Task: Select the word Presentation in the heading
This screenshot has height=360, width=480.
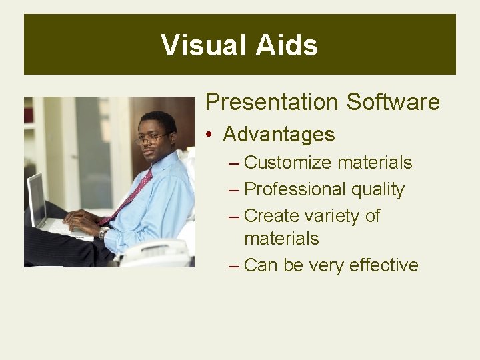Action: tap(272, 102)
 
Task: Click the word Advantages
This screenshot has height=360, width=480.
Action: tap(279, 135)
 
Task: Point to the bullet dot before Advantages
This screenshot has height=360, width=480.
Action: tap(209, 135)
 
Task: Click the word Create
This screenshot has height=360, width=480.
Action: tap(272, 216)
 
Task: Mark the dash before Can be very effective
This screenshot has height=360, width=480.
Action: tap(233, 266)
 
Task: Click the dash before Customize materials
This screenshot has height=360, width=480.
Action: tap(233, 163)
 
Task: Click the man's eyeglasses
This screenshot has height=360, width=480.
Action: tap(151, 139)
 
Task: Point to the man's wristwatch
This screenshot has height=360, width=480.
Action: tap(103, 233)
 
